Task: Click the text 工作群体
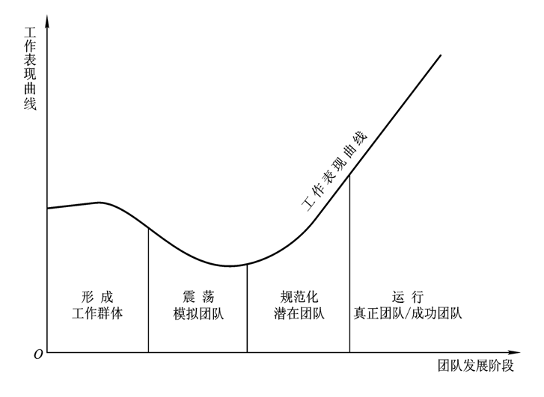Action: coord(97,313)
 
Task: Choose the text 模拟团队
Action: coord(198,313)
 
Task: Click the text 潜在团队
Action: coord(299,313)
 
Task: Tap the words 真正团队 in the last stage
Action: coord(378,313)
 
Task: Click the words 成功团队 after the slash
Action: coord(436,313)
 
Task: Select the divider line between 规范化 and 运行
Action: coord(349,262)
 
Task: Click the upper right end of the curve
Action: coord(440,55)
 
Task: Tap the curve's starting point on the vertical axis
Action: coord(48,208)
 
